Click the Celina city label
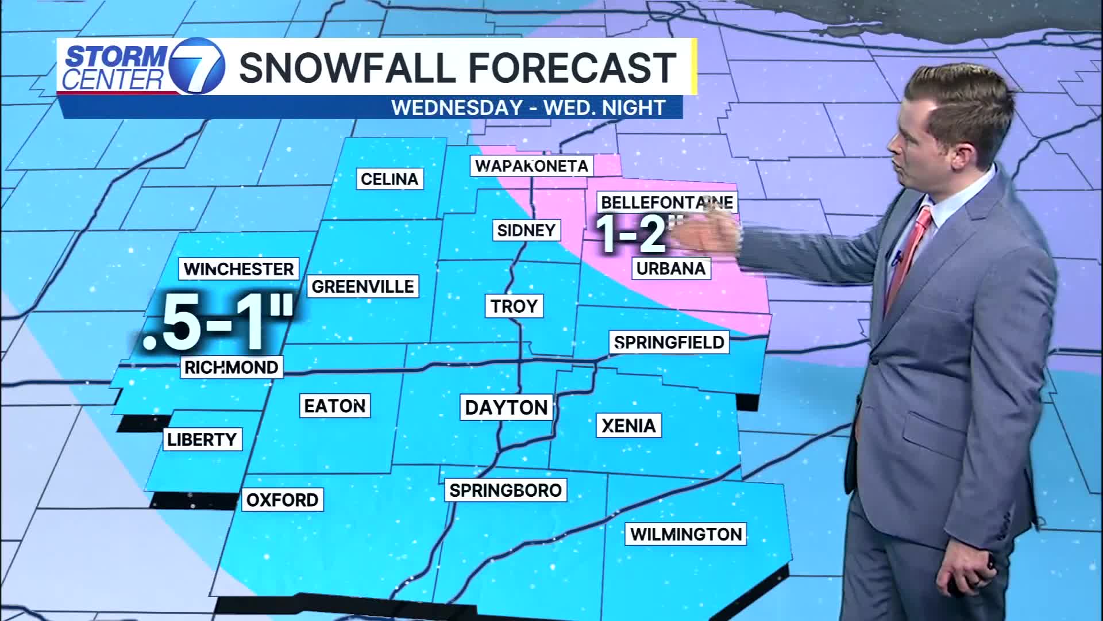[x=389, y=179]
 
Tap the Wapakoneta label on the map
[x=531, y=166]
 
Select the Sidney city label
[x=526, y=231]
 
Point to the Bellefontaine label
[x=666, y=202]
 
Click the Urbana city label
[x=671, y=269]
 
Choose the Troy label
[x=514, y=306]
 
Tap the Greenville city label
[x=362, y=286]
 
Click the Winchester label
[x=239, y=269]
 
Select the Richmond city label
[x=231, y=367]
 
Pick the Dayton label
[x=506, y=408]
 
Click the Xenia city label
[x=628, y=425]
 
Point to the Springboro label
[x=506, y=490]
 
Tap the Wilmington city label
[x=686, y=534]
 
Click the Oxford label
[x=282, y=500]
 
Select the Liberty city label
[x=202, y=440]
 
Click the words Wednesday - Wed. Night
[x=528, y=108]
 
